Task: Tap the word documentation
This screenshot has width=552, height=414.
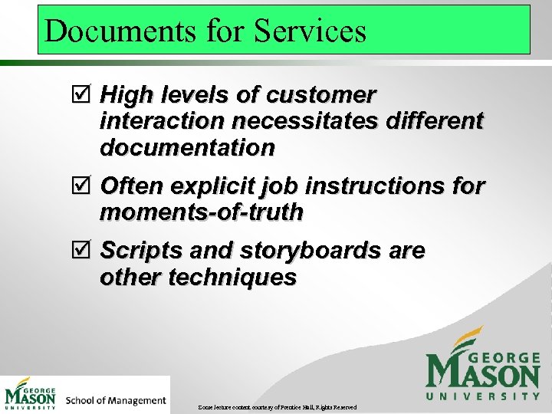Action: [187, 147]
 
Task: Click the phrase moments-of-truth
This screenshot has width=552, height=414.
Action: [201, 212]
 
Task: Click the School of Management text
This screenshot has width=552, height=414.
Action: [116, 400]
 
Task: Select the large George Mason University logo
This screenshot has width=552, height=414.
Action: [482, 365]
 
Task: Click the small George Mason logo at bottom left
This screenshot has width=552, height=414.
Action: [31, 394]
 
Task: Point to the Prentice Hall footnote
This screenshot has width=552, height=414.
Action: [277, 406]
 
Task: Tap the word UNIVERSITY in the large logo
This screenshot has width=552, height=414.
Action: [483, 396]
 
